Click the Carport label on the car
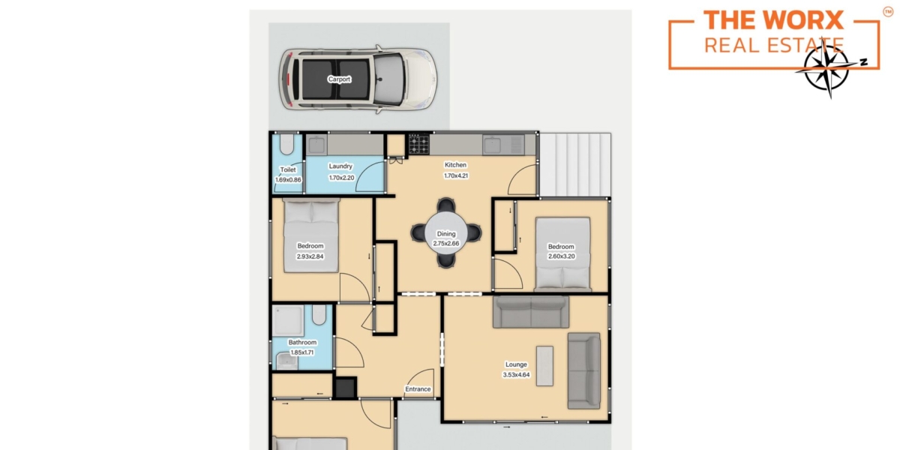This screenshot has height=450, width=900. pyautogui.click(x=339, y=79)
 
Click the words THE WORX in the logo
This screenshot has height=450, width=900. pyautogui.click(x=773, y=20)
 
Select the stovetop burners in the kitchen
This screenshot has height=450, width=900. pyautogui.click(x=418, y=144)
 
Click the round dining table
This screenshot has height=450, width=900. pyautogui.click(x=446, y=233)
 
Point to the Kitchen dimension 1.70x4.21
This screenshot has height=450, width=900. pyautogui.click(x=456, y=175)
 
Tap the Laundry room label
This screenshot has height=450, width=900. pyautogui.click(x=340, y=166)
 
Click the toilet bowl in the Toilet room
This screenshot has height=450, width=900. pyautogui.click(x=286, y=144)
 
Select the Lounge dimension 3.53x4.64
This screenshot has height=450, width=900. pyautogui.click(x=516, y=375)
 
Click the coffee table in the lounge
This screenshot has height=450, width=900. pyautogui.click(x=544, y=366)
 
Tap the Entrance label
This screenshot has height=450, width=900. pyautogui.click(x=418, y=389)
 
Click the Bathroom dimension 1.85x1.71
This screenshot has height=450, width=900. pyautogui.click(x=302, y=352)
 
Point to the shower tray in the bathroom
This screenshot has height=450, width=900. pyautogui.click(x=288, y=321)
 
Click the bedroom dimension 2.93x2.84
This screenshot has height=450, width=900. pyautogui.click(x=310, y=256)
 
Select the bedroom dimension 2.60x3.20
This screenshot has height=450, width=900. pyautogui.click(x=561, y=256)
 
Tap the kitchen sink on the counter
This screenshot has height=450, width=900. pyautogui.click(x=493, y=145)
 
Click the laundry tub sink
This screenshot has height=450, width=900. pyautogui.click(x=316, y=145)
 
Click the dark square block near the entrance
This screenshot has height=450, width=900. pyautogui.click(x=345, y=388)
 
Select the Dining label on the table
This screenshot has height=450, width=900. pyautogui.click(x=446, y=233)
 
